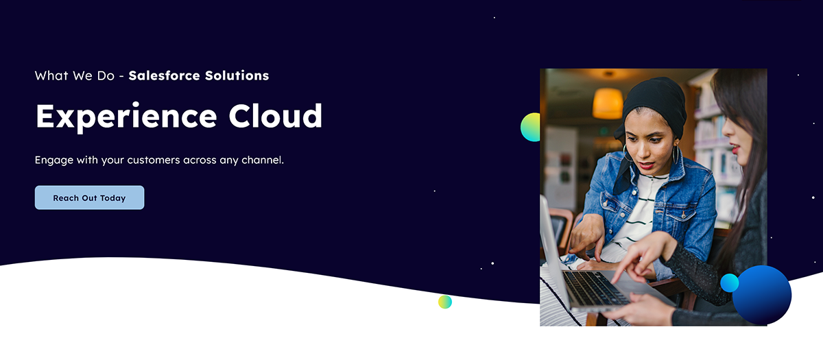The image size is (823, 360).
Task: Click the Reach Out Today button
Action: pyautogui.click(x=89, y=197)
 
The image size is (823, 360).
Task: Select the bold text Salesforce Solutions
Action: pyautogui.click(x=199, y=75)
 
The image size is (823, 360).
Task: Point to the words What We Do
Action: pyautogui.click(x=74, y=75)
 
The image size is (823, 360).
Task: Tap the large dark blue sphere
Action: pyautogui.click(x=763, y=295)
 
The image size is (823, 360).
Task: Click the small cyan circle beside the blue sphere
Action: pyautogui.click(x=730, y=283)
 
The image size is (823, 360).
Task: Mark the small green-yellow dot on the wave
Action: pyautogui.click(x=445, y=302)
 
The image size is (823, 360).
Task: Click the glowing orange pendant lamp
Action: pyautogui.click(x=608, y=103)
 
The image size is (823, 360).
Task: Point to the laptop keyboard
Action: pyautogui.click(x=594, y=288)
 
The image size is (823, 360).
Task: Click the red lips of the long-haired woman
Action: pyautogui.click(x=736, y=147)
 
